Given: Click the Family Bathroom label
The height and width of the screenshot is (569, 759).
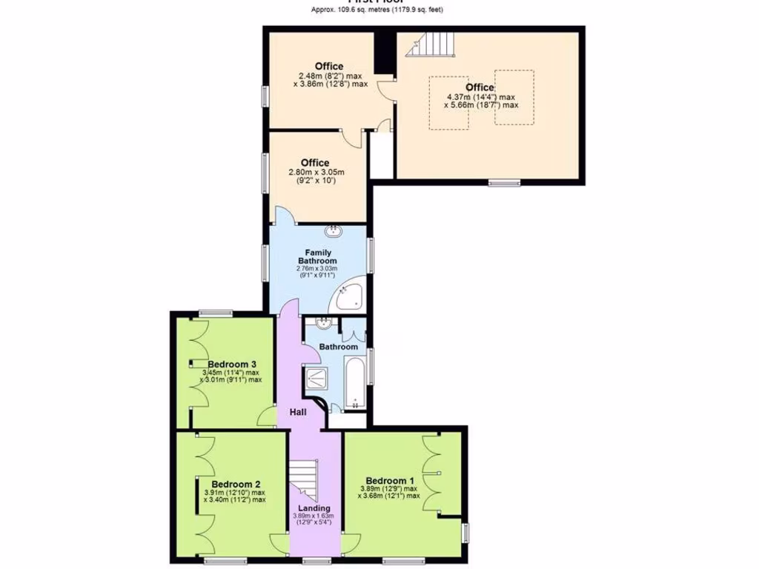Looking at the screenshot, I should tap(317, 257).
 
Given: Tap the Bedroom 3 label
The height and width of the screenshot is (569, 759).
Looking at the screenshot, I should tap(232, 364).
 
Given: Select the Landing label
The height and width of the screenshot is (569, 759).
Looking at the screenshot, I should tap(313, 508).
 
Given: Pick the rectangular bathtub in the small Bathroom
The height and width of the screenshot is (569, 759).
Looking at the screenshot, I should tap(356, 382).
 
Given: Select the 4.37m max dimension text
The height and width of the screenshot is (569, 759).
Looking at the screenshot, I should tap(480, 96).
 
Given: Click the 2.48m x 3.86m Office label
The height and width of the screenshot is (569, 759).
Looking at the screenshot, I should tap(329, 67).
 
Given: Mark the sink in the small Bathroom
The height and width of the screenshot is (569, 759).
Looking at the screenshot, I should tap(323, 323).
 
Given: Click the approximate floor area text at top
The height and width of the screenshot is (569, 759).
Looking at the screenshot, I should tap(379, 10).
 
